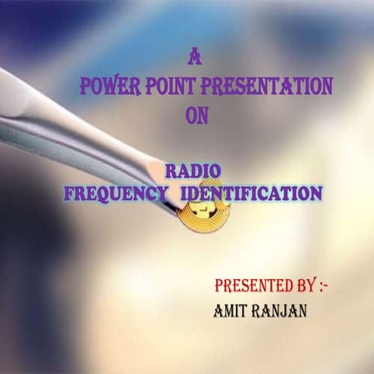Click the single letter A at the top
pos(196,57)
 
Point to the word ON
pos(197,115)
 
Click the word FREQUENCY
pos(116,192)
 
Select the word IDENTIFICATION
pos(250,192)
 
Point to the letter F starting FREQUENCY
pos(68,192)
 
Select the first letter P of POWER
pos(86,86)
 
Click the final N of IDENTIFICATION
pos(315,192)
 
